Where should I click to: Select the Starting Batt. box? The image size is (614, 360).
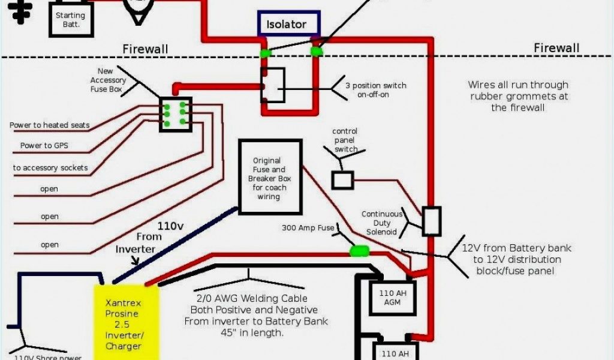coord(71,20)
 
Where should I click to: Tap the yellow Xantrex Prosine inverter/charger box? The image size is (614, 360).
coord(126,322)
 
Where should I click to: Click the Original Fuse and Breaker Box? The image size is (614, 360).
coord(269,177)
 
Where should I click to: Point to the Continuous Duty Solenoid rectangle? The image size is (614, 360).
coord(431,221)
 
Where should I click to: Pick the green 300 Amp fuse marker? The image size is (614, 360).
coord(360,251)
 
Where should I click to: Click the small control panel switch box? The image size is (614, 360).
coord(342,180)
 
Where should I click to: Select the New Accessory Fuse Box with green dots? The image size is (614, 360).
coord(175,114)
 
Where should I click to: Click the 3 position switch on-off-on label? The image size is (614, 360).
coord(375,90)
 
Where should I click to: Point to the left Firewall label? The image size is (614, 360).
coord(146,49)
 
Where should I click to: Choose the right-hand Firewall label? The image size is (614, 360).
coord(556,48)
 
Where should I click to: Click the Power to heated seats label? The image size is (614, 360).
coord(50,125)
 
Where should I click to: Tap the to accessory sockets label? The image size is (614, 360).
coord(50,168)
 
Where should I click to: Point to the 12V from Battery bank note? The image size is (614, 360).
coord(517,259)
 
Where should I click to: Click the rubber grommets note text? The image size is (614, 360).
coord(518,96)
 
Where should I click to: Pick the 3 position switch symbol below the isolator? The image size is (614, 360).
coord(273,85)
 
